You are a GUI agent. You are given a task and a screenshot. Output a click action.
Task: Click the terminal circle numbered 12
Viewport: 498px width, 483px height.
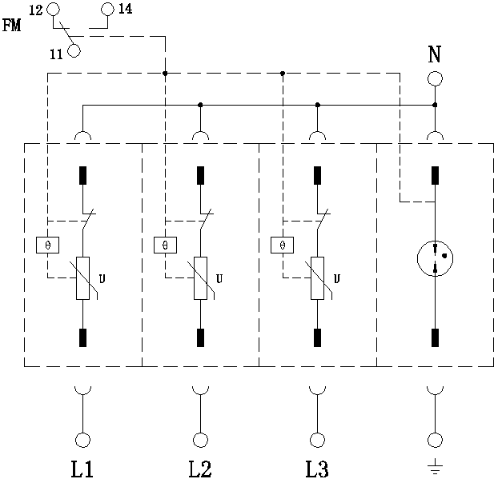pyautogui.click(x=53, y=10)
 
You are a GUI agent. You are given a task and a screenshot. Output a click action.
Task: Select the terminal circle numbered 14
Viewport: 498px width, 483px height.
pyautogui.click(x=109, y=10)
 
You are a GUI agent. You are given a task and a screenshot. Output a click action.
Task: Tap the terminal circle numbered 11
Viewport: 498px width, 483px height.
pyautogui.click(x=74, y=51)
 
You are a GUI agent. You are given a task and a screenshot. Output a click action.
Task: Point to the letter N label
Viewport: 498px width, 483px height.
pyautogui.click(x=435, y=56)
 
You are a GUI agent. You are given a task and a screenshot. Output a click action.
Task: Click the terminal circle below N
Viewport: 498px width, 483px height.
pyautogui.click(x=435, y=78)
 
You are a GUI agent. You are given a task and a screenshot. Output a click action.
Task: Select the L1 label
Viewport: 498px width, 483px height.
pyautogui.click(x=83, y=468)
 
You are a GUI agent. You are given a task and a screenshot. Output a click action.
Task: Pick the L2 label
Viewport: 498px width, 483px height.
pyautogui.click(x=200, y=468)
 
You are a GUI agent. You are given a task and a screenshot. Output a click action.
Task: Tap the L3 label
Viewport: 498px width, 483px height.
pyautogui.click(x=318, y=468)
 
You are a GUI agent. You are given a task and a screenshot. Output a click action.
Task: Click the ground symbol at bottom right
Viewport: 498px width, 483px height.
pyautogui.click(x=435, y=467)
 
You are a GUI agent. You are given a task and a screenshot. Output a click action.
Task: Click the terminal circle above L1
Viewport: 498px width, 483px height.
pyautogui.click(x=83, y=440)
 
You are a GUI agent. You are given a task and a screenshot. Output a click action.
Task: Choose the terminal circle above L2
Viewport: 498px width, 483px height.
pyautogui.click(x=200, y=440)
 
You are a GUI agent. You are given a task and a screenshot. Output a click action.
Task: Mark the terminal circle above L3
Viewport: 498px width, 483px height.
pyautogui.click(x=318, y=440)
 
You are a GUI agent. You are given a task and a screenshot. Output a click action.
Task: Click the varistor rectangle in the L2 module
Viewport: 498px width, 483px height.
pyautogui.click(x=200, y=277)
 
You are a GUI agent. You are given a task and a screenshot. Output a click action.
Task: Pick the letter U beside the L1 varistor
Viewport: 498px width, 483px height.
pyautogui.click(x=101, y=278)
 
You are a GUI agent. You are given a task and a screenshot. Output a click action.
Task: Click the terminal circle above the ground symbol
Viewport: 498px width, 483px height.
pyautogui.click(x=435, y=440)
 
